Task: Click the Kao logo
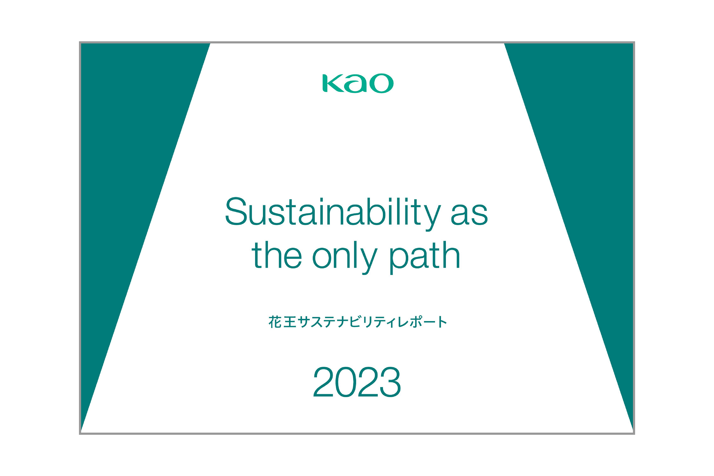coord(358,83)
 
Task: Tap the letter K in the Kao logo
coord(333,83)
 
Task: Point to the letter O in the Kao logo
coord(382,83)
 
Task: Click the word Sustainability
coord(333,214)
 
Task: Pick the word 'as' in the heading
coord(469,214)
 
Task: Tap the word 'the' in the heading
coord(276,255)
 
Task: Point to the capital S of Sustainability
coord(236,211)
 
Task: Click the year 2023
coord(357,382)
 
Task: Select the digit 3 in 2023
coord(390,382)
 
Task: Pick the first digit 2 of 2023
coord(323,382)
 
